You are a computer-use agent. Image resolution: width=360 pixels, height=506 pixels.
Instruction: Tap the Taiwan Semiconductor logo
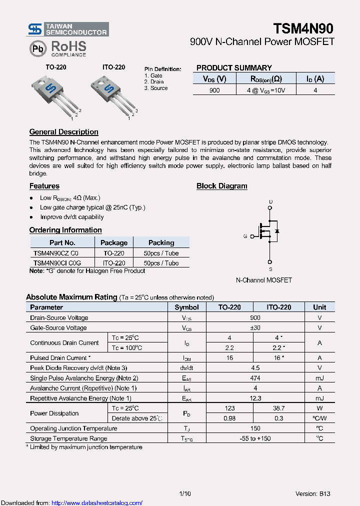point(67,29)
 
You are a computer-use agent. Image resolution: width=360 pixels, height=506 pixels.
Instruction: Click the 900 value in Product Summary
point(214,90)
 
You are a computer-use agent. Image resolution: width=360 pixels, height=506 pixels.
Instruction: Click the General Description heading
point(63,132)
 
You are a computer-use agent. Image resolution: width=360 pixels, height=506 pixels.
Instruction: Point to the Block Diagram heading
point(221,186)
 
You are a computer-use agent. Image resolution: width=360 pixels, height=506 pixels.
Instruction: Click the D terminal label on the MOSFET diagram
point(270,202)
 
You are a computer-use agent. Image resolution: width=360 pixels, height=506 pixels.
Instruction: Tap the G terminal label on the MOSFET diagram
point(245,236)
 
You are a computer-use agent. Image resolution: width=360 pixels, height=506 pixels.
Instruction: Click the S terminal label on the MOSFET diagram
point(270,269)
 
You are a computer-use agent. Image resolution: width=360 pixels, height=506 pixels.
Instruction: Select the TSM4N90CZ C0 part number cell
point(55,253)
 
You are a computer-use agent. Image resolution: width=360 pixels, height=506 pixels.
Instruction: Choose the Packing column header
point(161,242)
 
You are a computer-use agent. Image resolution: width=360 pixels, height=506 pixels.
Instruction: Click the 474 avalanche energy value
point(255,378)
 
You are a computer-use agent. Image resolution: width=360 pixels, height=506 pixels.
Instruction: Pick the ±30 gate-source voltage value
point(255,327)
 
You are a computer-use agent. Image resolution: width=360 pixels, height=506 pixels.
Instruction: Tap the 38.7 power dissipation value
point(278,408)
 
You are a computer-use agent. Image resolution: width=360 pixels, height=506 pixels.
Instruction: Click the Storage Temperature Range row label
point(68,438)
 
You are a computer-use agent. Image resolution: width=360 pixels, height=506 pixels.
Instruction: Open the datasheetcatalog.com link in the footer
point(97,503)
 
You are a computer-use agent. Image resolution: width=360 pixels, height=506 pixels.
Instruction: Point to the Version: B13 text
point(312,493)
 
